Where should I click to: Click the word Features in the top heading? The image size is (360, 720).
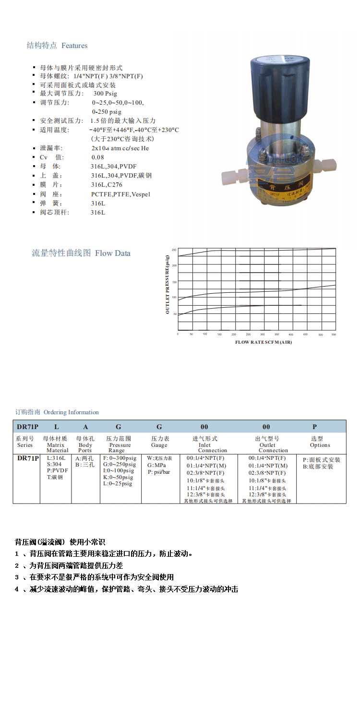(74, 46)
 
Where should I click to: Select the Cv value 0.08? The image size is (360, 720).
(98, 157)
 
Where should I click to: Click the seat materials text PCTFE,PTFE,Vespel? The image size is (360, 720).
(120, 194)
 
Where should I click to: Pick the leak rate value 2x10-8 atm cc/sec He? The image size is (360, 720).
(120, 148)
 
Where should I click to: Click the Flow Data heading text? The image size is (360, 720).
(112, 253)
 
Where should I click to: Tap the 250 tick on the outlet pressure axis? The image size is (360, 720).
(174, 250)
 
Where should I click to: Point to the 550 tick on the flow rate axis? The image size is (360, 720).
(334, 335)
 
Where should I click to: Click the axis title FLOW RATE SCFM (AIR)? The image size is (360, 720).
(263, 342)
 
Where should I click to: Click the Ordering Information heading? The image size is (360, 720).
(71, 412)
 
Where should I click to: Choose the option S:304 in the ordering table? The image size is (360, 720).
(54, 464)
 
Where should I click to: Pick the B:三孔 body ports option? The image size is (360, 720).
(84, 465)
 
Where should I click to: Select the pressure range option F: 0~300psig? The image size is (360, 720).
(120, 458)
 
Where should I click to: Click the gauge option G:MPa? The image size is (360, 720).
(156, 465)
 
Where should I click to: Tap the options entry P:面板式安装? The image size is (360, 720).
(321, 460)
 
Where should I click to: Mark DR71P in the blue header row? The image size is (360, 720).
(27, 427)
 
